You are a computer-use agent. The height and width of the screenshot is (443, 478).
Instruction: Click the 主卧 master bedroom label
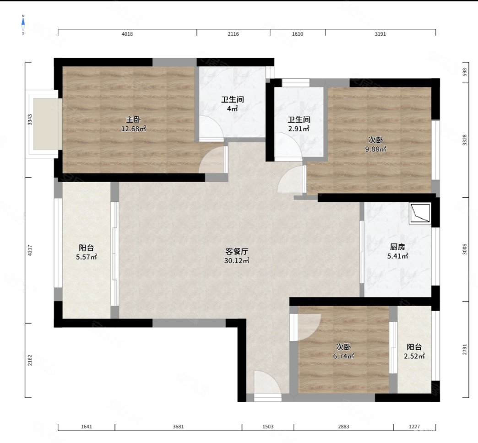133,120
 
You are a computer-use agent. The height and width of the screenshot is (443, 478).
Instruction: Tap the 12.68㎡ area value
134,129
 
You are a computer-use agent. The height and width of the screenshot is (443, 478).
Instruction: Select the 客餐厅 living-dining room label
237,251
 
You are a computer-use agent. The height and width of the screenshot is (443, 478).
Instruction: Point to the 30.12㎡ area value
237,260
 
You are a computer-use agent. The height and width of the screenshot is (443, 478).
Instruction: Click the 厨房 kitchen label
397,247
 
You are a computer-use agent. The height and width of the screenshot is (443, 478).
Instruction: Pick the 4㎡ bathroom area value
232,108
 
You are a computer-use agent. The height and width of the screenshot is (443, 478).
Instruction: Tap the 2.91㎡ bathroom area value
299,129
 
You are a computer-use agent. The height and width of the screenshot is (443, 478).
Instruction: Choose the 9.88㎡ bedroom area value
375,149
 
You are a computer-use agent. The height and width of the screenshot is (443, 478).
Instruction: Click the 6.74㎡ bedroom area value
343,356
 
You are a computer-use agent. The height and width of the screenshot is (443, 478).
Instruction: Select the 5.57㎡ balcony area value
87,257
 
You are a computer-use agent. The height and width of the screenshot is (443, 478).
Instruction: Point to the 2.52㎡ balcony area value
414,356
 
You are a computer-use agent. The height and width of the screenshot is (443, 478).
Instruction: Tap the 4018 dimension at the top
127,34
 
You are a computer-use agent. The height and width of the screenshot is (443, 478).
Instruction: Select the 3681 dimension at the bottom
179,427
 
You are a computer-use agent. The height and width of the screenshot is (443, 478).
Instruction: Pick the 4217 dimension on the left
30,250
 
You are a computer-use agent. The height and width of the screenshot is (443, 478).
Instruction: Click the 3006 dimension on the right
465,249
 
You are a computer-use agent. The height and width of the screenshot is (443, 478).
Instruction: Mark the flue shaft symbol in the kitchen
420,213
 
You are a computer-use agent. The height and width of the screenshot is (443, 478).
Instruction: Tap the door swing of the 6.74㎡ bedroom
306,327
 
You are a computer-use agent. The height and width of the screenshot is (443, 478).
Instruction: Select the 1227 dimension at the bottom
414,427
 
